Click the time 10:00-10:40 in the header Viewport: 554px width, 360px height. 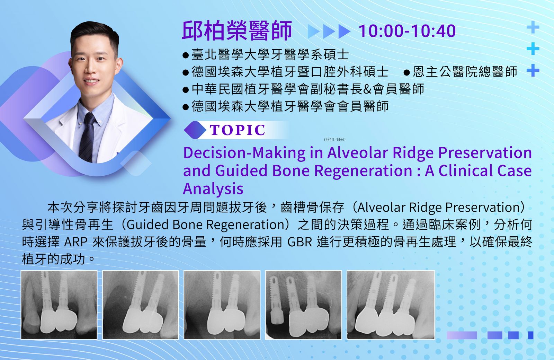click(x=407, y=31)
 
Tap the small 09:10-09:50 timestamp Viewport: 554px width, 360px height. click(x=334, y=140)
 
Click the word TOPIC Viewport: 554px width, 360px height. click(x=238, y=130)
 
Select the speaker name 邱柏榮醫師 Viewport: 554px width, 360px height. click(x=237, y=31)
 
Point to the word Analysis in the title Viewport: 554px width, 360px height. click(x=213, y=189)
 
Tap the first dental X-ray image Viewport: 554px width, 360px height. click(x=59, y=305)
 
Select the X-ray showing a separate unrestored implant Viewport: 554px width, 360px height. click(x=303, y=305)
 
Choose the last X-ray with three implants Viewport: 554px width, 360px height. click(x=391, y=305)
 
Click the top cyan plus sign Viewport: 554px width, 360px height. click(x=533, y=27)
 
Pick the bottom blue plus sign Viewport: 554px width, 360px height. click(x=533, y=70)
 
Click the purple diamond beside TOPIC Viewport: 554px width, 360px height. click(x=195, y=130)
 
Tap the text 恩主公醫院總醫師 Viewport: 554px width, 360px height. click(x=465, y=72)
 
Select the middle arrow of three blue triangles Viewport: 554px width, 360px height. click(x=329, y=32)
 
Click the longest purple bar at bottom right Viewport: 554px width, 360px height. click(x=462, y=335)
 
